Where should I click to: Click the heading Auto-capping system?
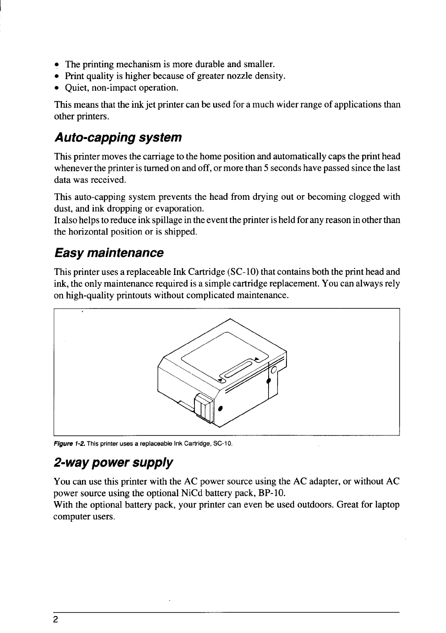pos(118,137)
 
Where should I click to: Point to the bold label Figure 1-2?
pos(69,443)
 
